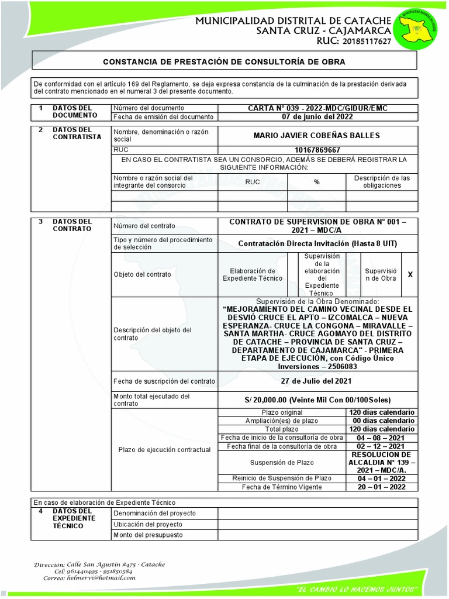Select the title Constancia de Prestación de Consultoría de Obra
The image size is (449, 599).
click(x=224, y=61)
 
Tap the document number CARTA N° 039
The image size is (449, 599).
click(x=317, y=108)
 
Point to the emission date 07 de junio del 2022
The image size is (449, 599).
click(x=317, y=116)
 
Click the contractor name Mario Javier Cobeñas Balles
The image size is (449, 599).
click(x=316, y=135)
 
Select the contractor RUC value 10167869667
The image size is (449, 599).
click(x=317, y=150)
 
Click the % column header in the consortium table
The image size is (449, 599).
click(x=316, y=182)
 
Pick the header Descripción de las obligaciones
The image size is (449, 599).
click(x=382, y=181)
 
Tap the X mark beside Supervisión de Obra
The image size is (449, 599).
click(x=410, y=274)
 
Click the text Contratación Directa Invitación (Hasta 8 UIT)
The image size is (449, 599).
click(x=317, y=243)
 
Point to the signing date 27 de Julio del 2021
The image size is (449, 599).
click(x=316, y=381)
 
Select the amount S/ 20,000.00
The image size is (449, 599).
click(x=317, y=400)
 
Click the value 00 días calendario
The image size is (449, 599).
click(x=382, y=421)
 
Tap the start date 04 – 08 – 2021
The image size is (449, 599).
click(x=382, y=438)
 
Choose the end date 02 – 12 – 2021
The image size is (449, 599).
click(x=382, y=446)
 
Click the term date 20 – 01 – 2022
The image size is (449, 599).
click(x=382, y=487)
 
